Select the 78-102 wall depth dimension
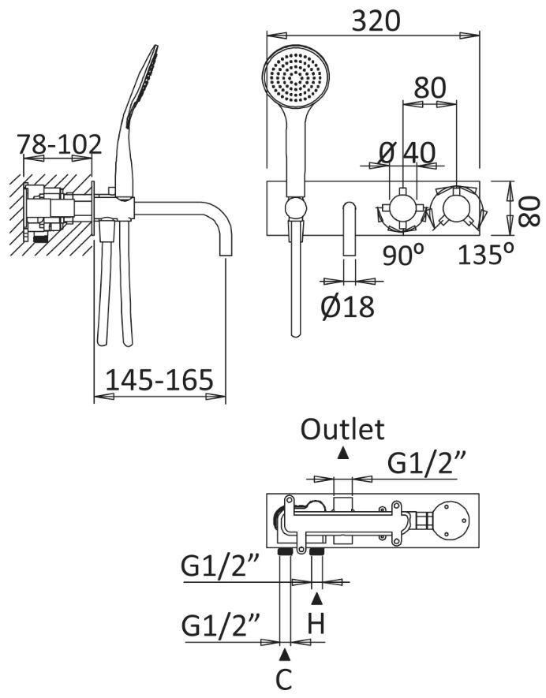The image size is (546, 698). tap(60, 144)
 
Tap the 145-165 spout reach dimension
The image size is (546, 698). tap(159, 380)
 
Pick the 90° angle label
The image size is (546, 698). tap(404, 256)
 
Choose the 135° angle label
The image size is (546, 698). tap(487, 256)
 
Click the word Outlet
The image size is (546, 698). tap(343, 429)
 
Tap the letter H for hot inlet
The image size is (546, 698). tap(316, 625)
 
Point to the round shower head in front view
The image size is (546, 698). tap(294, 79)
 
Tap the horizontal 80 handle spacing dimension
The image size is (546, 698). tap(429, 88)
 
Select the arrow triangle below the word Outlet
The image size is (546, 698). tap(343, 452)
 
